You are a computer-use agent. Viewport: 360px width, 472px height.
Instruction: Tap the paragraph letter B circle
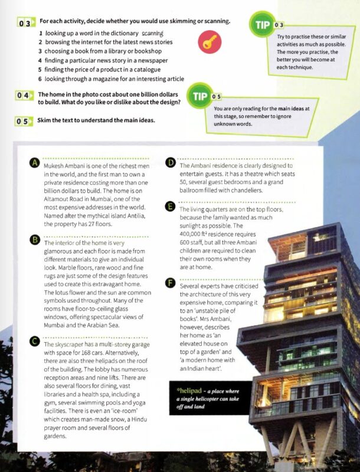coord(35,240)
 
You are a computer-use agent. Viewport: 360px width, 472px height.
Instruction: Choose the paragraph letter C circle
coord(35,342)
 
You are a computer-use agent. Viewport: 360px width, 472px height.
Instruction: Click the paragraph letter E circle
coord(171,206)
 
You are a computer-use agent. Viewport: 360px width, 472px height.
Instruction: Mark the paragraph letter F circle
coord(171,284)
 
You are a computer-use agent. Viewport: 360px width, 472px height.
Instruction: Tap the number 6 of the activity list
coord(41,78)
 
